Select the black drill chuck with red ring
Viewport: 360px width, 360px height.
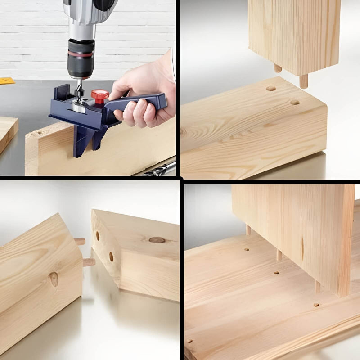81,58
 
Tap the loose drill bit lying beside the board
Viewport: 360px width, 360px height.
160,170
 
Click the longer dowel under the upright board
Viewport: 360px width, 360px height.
304,81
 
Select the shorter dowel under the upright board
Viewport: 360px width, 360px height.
278,68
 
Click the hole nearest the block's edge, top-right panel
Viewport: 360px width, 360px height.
295,102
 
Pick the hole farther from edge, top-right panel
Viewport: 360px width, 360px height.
270,88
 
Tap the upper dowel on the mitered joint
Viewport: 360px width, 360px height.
80,242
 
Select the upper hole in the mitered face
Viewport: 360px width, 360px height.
98,236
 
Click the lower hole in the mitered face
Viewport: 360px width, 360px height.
111,256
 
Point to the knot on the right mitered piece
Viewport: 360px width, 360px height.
157,240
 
